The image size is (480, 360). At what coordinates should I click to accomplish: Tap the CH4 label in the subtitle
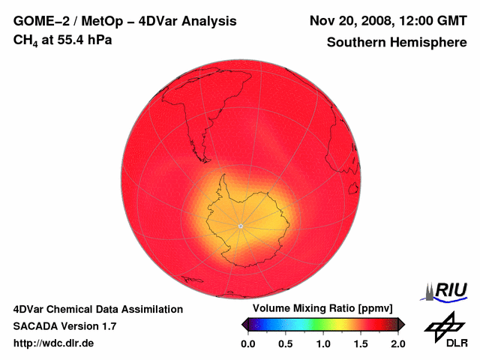click(x=25, y=40)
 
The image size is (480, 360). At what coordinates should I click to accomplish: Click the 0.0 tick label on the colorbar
click(x=248, y=343)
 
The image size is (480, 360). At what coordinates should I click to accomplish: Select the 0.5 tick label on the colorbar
click(x=286, y=343)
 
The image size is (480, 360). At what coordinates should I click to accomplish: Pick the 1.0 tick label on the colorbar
click(x=323, y=343)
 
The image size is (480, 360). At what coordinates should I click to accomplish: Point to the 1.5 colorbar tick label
click(x=361, y=343)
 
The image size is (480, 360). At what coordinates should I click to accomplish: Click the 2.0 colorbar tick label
click(x=397, y=343)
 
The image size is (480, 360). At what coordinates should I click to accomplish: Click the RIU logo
click(x=446, y=290)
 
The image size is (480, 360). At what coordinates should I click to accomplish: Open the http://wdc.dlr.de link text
click(x=54, y=343)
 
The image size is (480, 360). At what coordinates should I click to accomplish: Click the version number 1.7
click(x=108, y=326)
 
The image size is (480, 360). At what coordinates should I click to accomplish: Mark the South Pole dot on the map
click(x=240, y=226)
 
